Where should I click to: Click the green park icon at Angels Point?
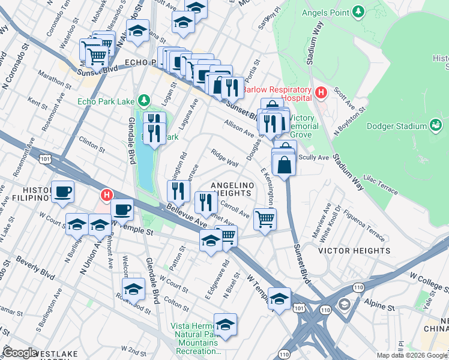pyautogui.click(x=358, y=11)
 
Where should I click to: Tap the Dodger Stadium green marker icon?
pyautogui.click(x=436, y=125)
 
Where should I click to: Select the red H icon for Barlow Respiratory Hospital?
pyautogui.click(x=321, y=93)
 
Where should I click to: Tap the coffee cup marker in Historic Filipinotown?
pyautogui.click(x=62, y=193)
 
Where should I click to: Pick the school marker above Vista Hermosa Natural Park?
pyautogui.click(x=225, y=324)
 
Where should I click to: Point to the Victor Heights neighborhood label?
pyautogui.click(x=354, y=250)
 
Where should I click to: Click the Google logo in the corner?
pyautogui.click(x=20, y=353)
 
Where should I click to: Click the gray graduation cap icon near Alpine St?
pyautogui.click(x=345, y=304)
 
